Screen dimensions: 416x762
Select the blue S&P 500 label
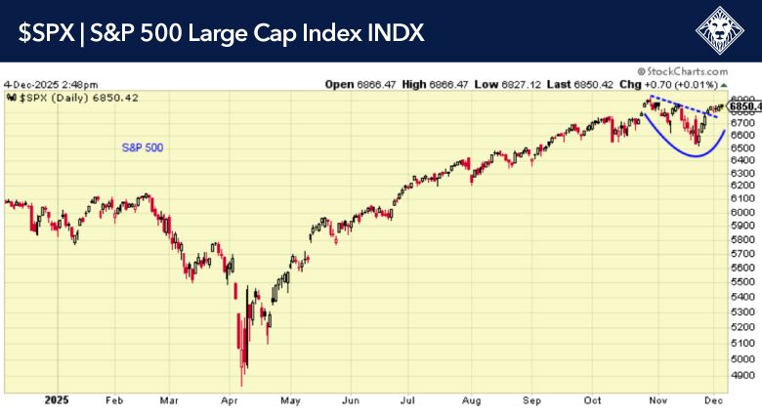(x=143, y=147)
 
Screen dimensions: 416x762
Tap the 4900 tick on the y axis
(x=741, y=375)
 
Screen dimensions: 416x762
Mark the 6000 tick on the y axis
(x=741, y=212)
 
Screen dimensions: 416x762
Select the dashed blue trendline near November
(x=684, y=106)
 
